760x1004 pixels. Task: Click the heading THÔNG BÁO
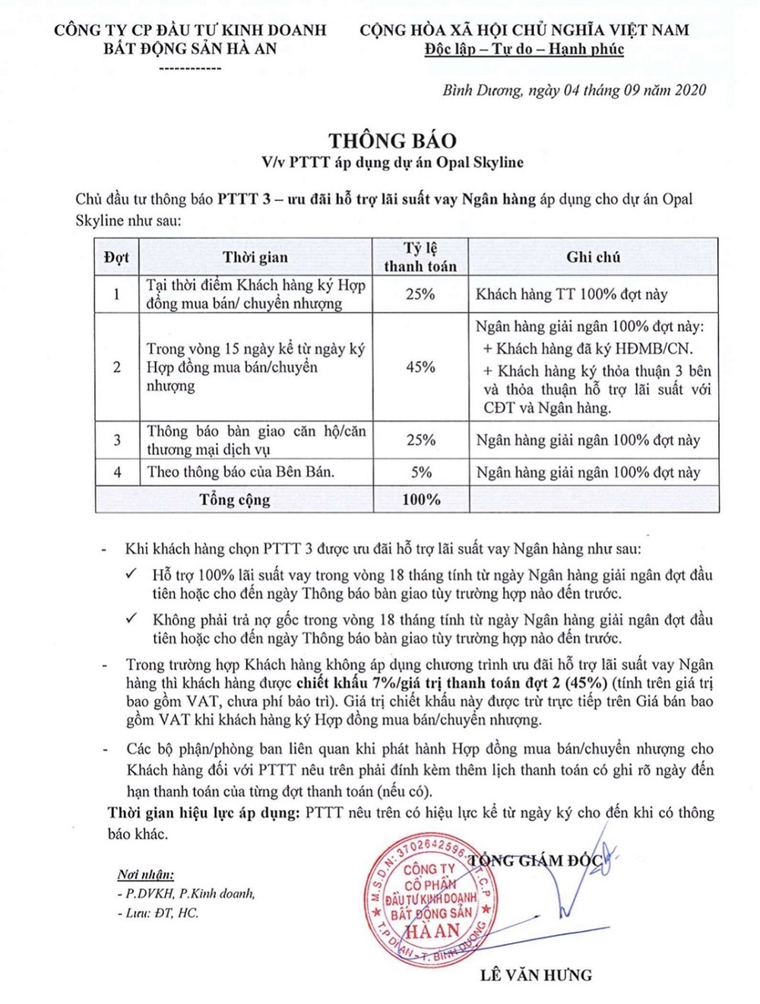point(392,141)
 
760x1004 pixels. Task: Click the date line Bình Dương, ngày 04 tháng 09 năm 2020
point(574,91)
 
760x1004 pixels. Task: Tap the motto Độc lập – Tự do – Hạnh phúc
point(524,49)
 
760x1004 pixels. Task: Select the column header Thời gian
point(255,257)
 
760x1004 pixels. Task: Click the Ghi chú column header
point(593,257)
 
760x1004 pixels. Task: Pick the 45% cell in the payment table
point(420,367)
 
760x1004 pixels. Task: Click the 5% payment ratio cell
point(421,472)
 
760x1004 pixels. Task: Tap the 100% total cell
point(421,500)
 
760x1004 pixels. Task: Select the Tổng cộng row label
point(235,500)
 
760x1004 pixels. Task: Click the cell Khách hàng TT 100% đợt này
point(572,294)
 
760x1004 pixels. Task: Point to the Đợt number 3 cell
point(117,440)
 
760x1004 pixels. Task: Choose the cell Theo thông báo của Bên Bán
point(241,472)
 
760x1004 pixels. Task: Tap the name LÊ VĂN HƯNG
point(536,975)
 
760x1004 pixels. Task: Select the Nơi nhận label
point(145,875)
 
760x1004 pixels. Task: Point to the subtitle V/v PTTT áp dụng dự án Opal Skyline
point(392,162)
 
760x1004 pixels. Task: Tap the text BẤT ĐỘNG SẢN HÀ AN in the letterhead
point(190,49)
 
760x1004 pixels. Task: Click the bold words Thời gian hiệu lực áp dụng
point(204,812)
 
